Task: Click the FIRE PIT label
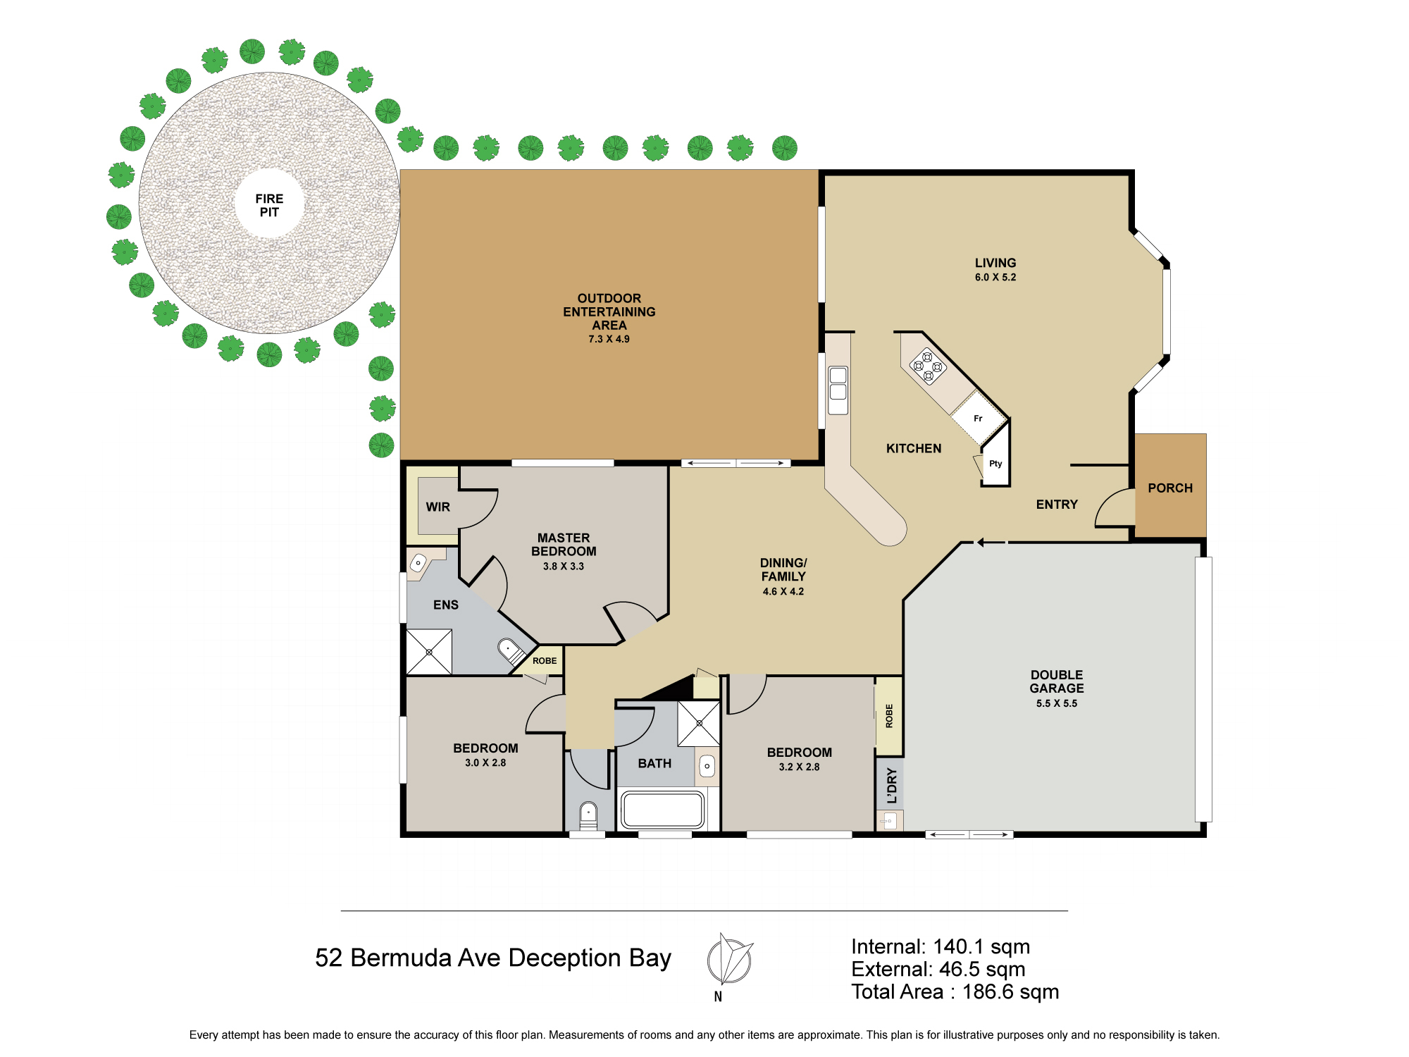pyautogui.click(x=269, y=205)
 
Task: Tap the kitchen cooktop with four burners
pyautogui.click(x=928, y=367)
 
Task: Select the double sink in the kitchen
pyautogui.click(x=838, y=390)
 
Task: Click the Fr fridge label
pyautogui.click(x=978, y=419)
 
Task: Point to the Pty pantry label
pyautogui.click(x=995, y=464)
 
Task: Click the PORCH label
pyautogui.click(x=1170, y=488)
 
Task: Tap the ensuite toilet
pyautogui.click(x=510, y=650)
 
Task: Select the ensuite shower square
pyautogui.click(x=429, y=652)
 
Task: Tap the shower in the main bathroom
pyautogui.click(x=699, y=723)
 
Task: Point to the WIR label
pyautogui.click(x=437, y=507)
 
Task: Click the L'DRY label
pyautogui.click(x=892, y=786)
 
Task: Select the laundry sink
pyautogui.click(x=888, y=821)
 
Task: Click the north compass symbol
pyautogui.click(x=730, y=960)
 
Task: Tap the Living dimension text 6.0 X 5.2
pyautogui.click(x=995, y=278)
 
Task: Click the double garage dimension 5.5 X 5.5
pyautogui.click(x=1057, y=703)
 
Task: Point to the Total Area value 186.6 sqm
pyautogui.click(x=1010, y=991)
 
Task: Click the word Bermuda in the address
pyautogui.click(x=401, y=958)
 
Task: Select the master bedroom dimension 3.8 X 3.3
pyautogui.click(x=564, y=567)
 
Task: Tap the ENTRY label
pyautogui.click(x=1057, y=505)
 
